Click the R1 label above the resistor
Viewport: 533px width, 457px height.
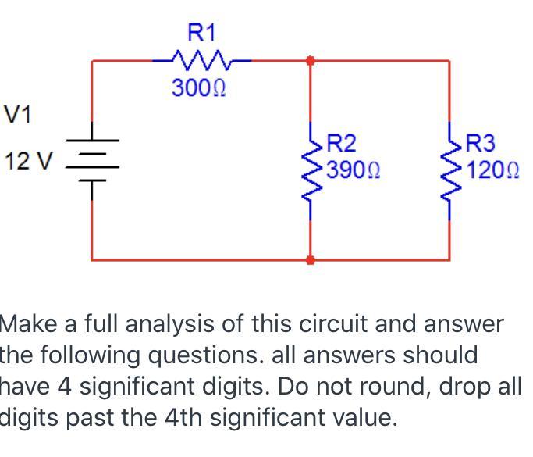click(x=202, y=32)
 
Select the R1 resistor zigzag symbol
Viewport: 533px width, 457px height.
click(x=202, y=59)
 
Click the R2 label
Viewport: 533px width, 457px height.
click(x=341, y=144)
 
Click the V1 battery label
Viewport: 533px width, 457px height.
click(x=17, y=115)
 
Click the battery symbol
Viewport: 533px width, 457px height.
click(x=92, y=160)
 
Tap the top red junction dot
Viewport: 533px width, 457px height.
click(x=311, y=60)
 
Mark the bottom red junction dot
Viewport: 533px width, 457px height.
click(x=311, y=259)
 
